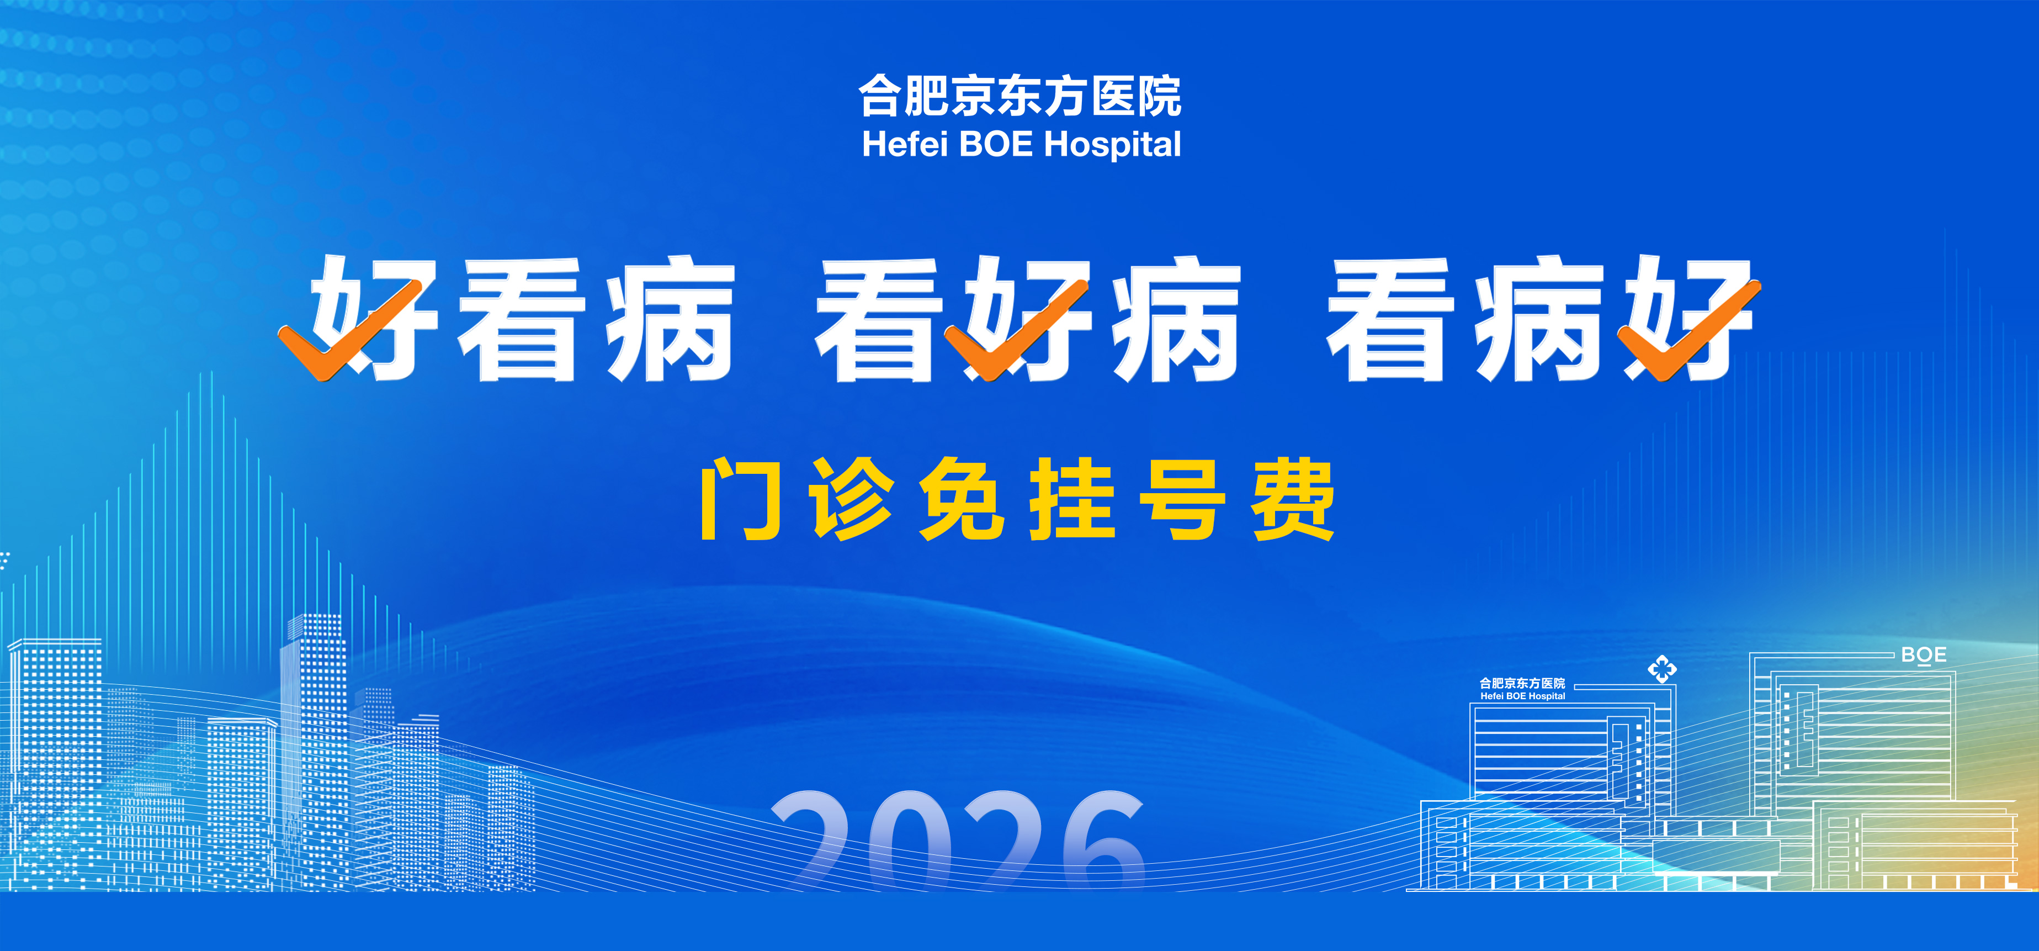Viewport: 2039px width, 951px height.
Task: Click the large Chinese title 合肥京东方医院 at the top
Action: click(1020, 97)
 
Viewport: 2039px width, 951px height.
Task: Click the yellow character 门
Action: click(741, 499)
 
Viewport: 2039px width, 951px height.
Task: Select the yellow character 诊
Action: click(851, 499)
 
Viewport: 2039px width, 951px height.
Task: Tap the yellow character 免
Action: click(962, 499)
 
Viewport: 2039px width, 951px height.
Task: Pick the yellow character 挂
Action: click(1072, 499)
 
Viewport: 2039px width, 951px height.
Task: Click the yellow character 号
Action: click(1182, 499)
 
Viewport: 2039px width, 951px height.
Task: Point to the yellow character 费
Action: click(1293, 499)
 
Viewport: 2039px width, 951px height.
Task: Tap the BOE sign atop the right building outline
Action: click(1924, 655)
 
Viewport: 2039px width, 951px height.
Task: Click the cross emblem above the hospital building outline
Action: click(1662, 669)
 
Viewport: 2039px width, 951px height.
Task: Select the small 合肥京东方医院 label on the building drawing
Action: click(1522, 683)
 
